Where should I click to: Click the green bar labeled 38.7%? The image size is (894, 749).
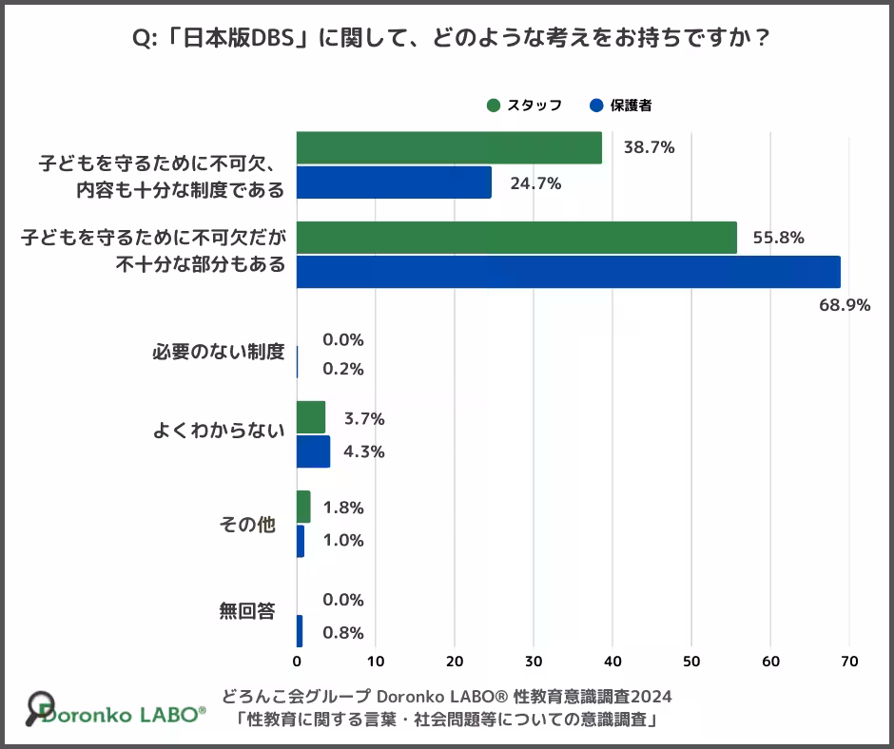[x=449, y=148]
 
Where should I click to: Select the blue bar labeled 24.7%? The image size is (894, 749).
[x=394, y=182]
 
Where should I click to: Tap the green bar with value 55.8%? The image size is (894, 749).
[x=516, y=238]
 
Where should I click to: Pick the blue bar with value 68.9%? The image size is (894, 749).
[x=568, y=272]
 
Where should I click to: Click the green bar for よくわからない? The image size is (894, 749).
[x=311, y=417]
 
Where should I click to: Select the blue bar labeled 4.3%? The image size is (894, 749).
[x=313, y=451]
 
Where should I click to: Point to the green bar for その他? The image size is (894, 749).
[x=303, y=507]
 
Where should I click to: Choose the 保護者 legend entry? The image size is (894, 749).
[x=621, y=106]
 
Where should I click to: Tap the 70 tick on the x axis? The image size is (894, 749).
[x=849, y=662]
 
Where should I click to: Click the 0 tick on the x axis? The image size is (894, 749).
[x=297, y=662]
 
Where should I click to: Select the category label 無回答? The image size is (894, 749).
[x=247, y=611]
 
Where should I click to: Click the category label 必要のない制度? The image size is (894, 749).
[x=219, y=352]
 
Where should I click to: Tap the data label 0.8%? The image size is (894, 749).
[x=343, y=634]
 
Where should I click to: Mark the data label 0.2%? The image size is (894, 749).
[x=343, y=370]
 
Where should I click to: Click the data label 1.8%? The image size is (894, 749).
[x=343, y=508]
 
